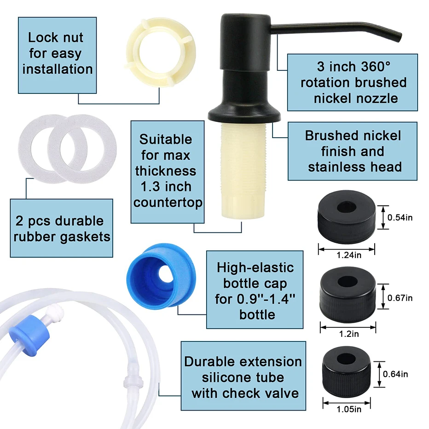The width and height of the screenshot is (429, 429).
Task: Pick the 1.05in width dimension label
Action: click(348, 408)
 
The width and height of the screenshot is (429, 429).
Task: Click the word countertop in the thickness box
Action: click(168, 203)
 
